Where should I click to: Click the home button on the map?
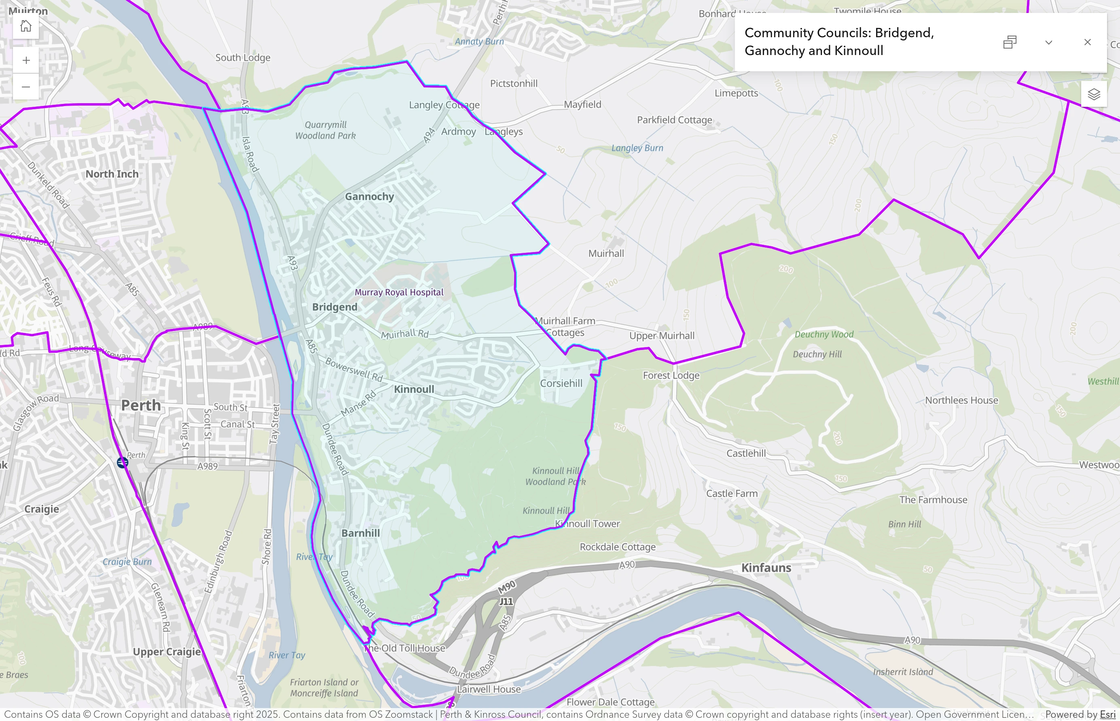26,26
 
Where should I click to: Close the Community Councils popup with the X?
1087,42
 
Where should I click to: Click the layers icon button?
1094,94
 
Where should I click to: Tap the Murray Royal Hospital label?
399,292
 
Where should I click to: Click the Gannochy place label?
369,197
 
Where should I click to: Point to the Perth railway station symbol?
122,462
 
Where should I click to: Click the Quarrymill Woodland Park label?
325,130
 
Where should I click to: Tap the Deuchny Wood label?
824,334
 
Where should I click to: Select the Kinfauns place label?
766,567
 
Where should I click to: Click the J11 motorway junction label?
506,601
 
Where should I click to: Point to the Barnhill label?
360,533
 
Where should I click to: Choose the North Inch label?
112,174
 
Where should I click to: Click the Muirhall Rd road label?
404,334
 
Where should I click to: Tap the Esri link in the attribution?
1107,715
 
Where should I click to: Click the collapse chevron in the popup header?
1048,42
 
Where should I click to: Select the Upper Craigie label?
167,652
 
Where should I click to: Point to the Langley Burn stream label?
637,148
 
